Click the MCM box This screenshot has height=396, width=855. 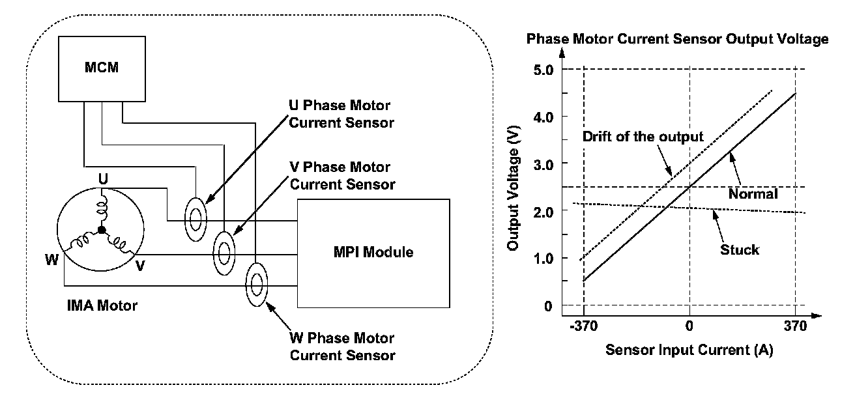point(102,67)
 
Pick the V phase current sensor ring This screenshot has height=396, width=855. point(225,249)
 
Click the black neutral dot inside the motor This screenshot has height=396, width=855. point(101,230)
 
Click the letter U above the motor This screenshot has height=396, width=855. point(102,178)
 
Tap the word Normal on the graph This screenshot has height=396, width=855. point(754,193)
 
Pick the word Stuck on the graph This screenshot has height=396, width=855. point(740,249)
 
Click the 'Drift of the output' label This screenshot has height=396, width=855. point(643,137)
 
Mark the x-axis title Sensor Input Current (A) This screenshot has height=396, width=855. point(689,350)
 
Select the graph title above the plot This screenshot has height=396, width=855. point(678,39)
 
